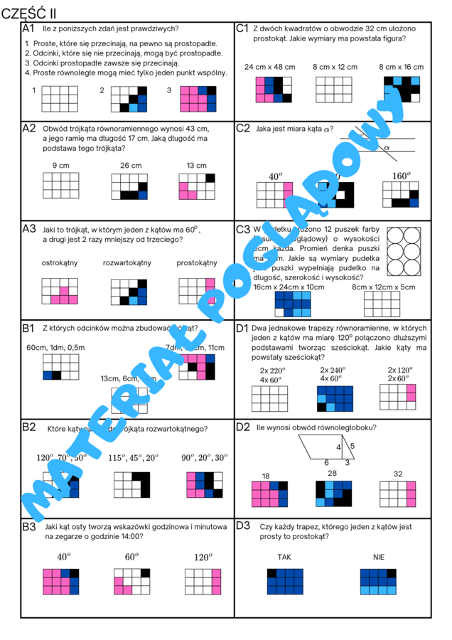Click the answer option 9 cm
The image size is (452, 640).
coord(60,166)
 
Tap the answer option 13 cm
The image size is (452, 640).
coord(196,166)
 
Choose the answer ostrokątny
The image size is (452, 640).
coord(60,263)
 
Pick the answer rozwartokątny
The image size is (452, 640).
coord(127,263)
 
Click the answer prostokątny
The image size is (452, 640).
coord(197,263)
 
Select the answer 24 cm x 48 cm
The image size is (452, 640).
coord(269,67)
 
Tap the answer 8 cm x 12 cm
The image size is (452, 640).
coord(335,67)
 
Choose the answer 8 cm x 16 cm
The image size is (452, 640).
coord(401,67)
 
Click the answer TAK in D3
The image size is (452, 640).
coord(284,557)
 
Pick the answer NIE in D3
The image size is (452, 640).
coord(378,557)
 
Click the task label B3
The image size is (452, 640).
coord(29,526)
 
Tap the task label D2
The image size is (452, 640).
coord(243,427)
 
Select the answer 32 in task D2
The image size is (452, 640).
coord(398,474)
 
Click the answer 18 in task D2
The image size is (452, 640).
coord(266,476)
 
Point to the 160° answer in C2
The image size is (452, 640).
coord(402,176)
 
